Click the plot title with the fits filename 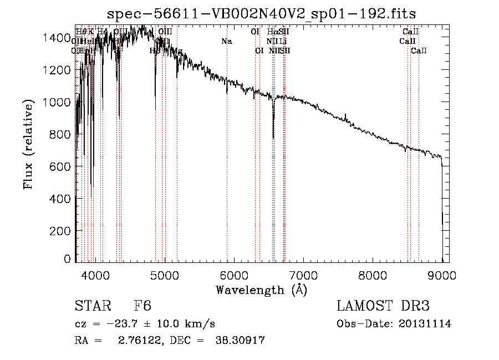click(261, 13)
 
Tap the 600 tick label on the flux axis click(62, 166)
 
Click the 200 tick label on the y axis click(62, 231)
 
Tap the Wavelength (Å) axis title click(261, 290)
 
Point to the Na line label click(226, 42)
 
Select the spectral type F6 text click(142, 306)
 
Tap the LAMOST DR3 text click(383, 306)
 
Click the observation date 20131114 click(426, 323)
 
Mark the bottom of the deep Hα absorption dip click(273, 138)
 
